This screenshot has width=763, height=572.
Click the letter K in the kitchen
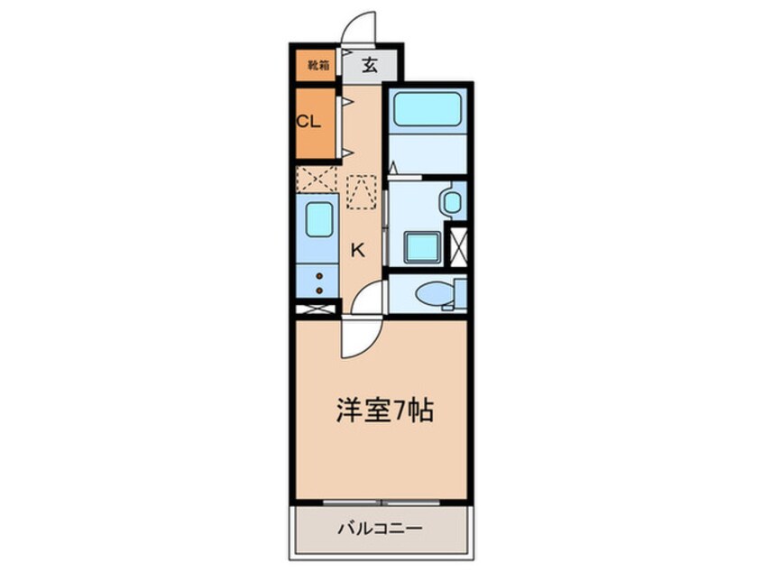pos(358,250)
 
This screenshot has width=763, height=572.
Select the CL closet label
pos(308,122)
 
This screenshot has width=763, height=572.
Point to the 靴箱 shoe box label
pos(317,65)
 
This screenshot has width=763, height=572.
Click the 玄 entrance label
pos(370,65)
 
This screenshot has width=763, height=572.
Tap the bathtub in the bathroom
pos(427,110)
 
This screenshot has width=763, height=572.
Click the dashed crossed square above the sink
pos(317,179)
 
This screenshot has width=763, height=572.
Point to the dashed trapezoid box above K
pos(362,190)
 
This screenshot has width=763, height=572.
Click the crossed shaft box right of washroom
pos(458,244)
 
